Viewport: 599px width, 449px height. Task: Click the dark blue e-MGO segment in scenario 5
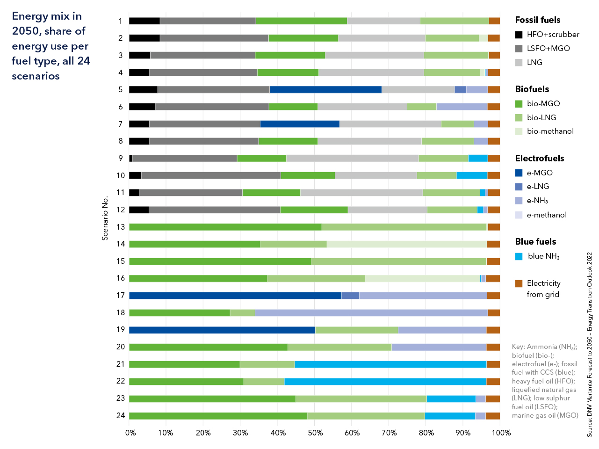pyautogui.click(x=325, y=90)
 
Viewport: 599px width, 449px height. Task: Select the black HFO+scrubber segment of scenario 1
pyautogui.click(x=144, y=21)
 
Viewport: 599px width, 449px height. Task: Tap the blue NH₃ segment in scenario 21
pyautogui.click(x=390, y=364)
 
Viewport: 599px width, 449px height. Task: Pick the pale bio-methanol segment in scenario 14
pyautogui.click(x=407, y=244)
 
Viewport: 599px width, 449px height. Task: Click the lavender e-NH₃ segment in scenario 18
pyautogui.click(x=371, y=313)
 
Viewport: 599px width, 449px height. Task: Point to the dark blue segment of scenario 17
pyautogui.click(x=235, y=296)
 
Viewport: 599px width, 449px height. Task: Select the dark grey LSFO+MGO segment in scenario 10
pyautogui.click(x=211, y=175)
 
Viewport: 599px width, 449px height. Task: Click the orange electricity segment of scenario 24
pyautogui.click(x=493, y=416)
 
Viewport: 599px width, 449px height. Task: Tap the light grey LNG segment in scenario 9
pyautogui.click(x=352, y=159)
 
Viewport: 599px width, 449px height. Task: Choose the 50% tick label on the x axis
pyautogui.click(x=315, y=433)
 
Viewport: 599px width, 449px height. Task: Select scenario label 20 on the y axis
pyautogui.click(x=121, y=347)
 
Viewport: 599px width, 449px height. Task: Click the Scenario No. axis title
pyautogui.click(x=105, y=218)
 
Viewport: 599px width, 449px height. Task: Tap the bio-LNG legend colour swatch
pyautogui.click(x=519, y=118)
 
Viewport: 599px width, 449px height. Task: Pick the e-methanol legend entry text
pyautogui.click(x=547, y=215)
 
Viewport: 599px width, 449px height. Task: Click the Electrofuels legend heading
pyautogui.click(x=540, y=159)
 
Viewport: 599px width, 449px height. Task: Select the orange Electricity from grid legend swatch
pyautogui.click(x=519, y=283)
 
